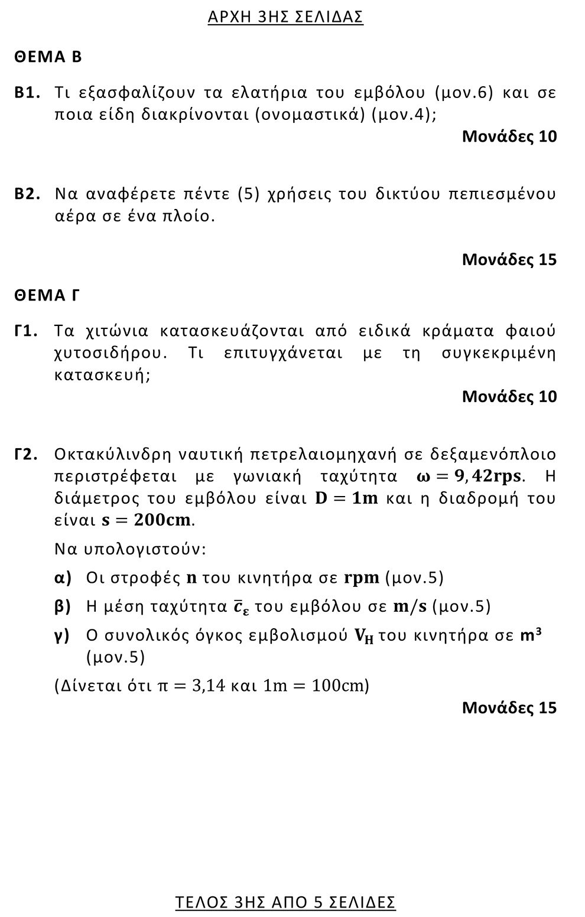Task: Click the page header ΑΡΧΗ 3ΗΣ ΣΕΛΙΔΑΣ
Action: [285, 17]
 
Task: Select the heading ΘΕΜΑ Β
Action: [48, 57]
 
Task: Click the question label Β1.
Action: [27, 93]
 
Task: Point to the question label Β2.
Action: [27, 194]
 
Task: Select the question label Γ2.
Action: [27, 455]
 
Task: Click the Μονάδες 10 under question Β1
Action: [509, 136]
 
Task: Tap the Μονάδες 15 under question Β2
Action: [509, 259]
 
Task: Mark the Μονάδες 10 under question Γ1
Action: [509, 396]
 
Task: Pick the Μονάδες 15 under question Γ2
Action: [509, 707]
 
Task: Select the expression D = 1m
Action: [346, 498]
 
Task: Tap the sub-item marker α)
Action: [63, 577]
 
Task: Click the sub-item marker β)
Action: [63, 606]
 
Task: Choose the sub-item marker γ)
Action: [62, 636]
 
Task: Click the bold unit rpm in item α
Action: [361, 577]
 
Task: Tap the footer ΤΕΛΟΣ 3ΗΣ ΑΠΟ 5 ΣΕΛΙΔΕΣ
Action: [285, 902]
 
